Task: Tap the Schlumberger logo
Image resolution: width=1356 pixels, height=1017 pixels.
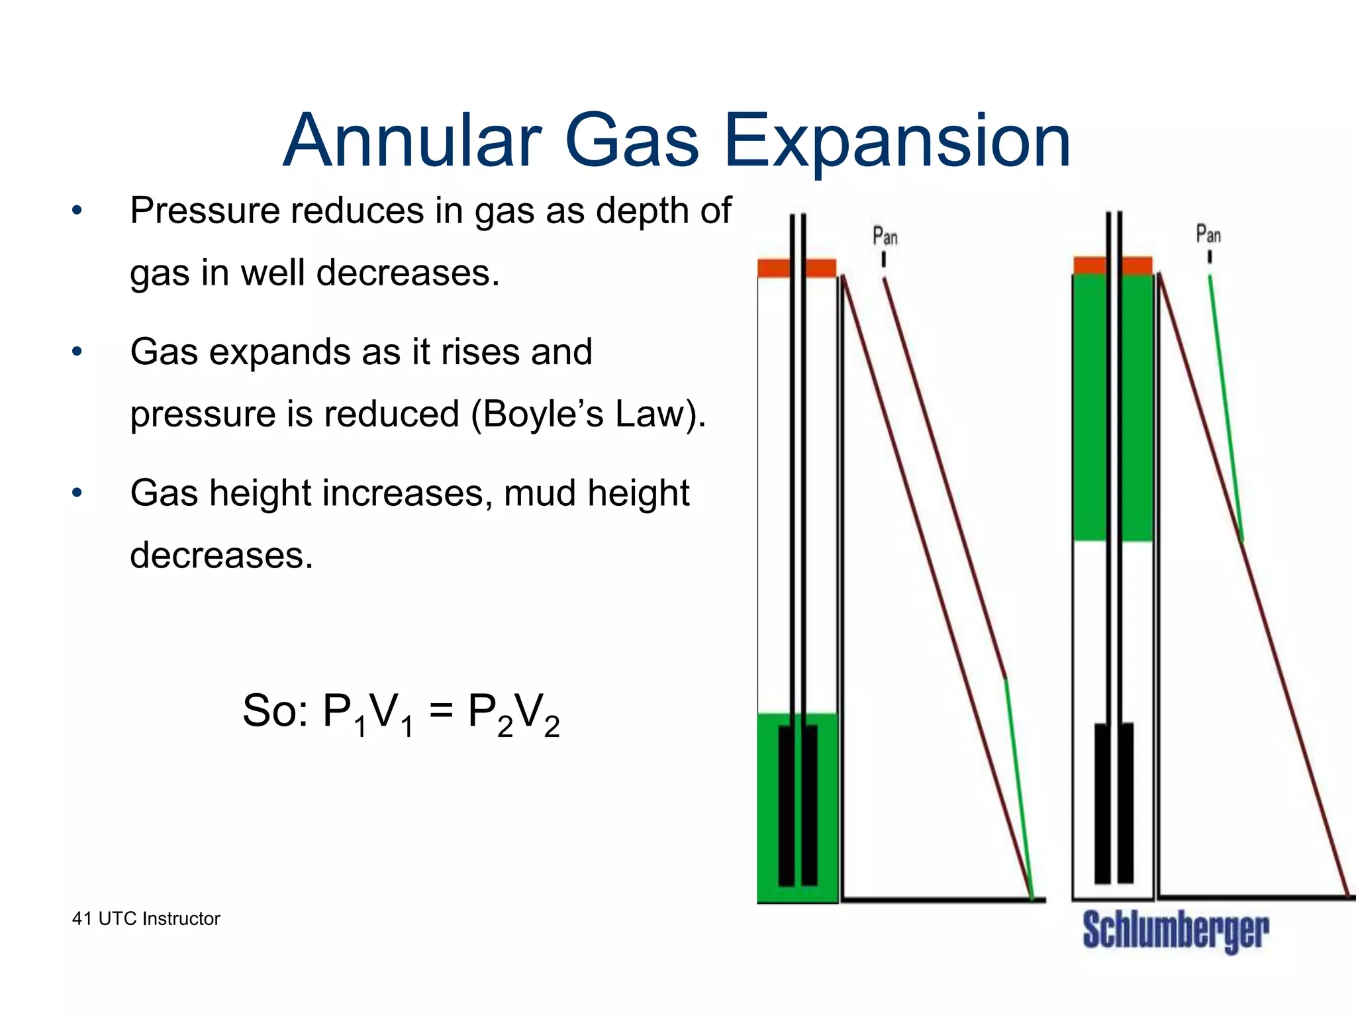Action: click(1176, 931)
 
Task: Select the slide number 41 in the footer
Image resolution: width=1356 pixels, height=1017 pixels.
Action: click(82, 919)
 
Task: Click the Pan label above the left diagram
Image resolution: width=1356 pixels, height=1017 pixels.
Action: click(885, 236)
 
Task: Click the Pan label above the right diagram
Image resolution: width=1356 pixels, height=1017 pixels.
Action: click(1208, 234)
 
